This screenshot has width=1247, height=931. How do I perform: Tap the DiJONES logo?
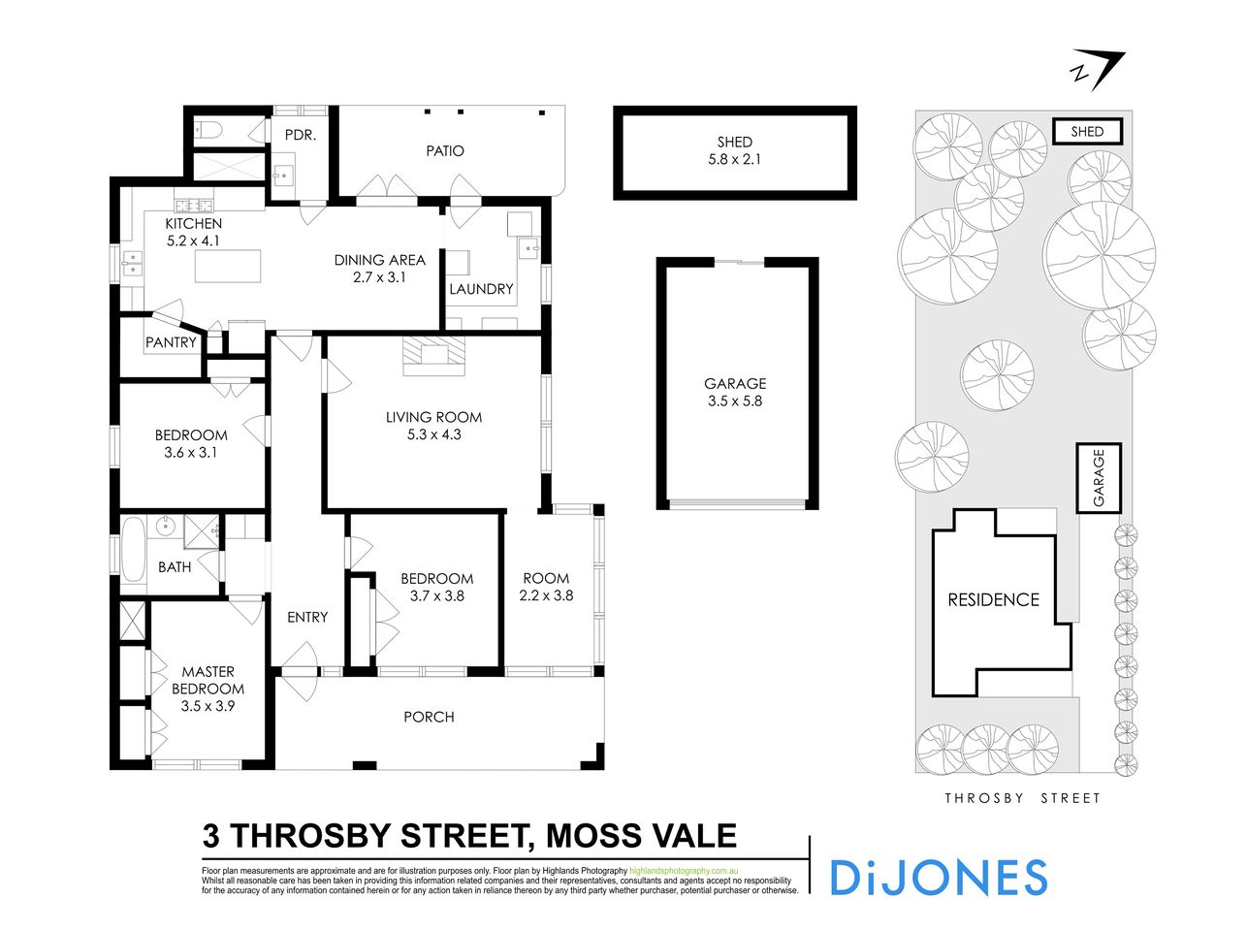click(x=938, y=877)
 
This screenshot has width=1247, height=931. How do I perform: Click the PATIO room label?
click(x=445, y=151)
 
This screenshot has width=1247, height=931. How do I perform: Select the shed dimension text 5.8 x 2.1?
click(x=734, y=159)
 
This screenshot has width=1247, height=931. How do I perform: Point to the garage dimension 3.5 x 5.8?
click(x=735, y=401)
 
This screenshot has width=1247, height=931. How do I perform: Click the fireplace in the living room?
click(x=434, y=354)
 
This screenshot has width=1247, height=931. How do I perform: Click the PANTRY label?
click(x=171, y=342)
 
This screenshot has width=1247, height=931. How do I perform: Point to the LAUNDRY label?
click(x=481, y=289)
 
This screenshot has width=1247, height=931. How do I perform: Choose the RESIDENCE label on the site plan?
click(x=993, y=600)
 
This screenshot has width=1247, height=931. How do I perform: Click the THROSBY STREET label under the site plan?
click(x=1023, y=798)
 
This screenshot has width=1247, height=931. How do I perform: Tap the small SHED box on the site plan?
click(x=1087, y=131)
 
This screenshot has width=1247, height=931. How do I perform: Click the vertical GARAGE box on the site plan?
click(x=1099, y=477)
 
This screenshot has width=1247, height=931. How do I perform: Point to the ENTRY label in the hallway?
click(x=307, y=617)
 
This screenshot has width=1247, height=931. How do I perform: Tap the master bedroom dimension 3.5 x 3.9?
click(x=208, y=706)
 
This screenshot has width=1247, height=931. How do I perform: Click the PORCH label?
click(x=429, y=717)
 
